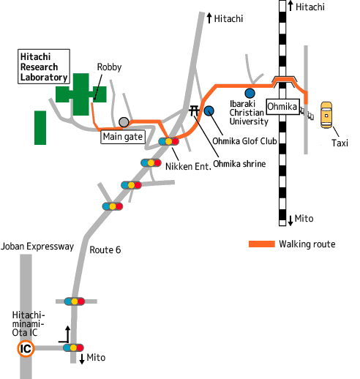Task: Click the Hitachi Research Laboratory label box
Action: pos(44,67)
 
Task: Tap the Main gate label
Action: pos(123,137)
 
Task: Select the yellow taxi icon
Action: pos(326,115)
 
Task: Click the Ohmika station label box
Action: pos(282,107)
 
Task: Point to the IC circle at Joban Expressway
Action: pos(26,349)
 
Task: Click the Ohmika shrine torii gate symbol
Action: pos(194,110)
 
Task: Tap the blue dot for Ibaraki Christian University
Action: pos(250,93)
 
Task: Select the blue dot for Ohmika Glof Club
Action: pos(209,111)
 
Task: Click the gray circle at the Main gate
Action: pos(124,122)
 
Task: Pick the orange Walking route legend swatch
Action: pos(262,244)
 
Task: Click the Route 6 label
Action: pos(105,249)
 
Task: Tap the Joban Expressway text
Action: pos(37,247)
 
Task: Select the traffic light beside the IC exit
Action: pos(73,348)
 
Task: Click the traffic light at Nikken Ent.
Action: pos(168,141)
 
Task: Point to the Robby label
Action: pos(109,67)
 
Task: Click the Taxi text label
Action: pos(340,143)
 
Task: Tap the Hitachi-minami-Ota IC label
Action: pos(29,323)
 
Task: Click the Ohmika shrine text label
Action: pos(239,164)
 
